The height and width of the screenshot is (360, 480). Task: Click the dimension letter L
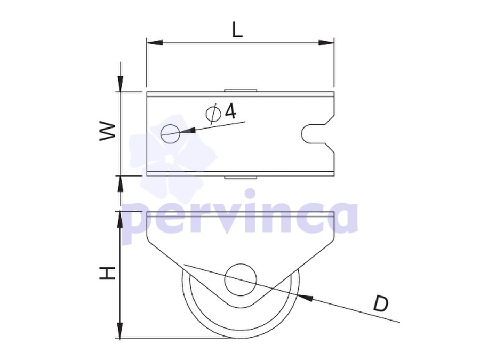(x=237, y=30)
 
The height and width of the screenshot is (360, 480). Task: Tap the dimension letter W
(x=108, y=132)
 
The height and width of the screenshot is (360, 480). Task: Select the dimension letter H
(x=107, y=273)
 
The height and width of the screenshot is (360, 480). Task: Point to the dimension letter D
(x=380, y=303)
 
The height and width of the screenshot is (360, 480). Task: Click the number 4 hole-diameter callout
(x=230, y=110)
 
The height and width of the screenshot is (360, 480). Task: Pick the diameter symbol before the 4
(x=213, y=114)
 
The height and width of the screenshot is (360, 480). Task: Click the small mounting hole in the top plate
(x=171, y=134)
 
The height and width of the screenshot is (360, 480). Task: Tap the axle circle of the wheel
(x=241, y=280)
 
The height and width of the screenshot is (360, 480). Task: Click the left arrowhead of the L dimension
(x=155, y=43)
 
